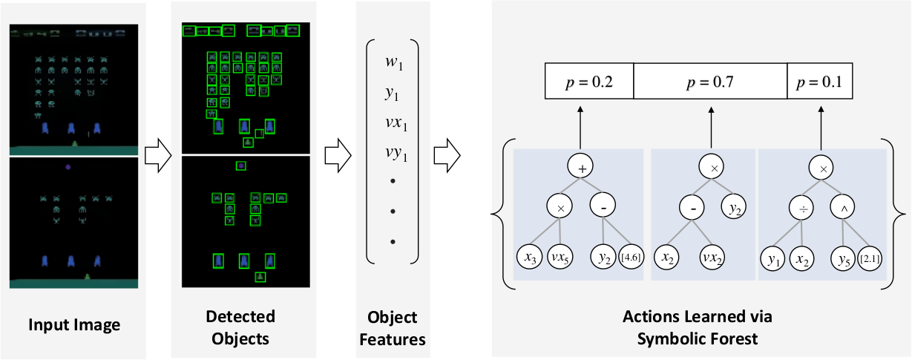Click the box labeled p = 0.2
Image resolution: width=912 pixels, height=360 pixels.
[x=589, y=82]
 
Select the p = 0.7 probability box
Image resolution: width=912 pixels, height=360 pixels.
[x=710, y=82]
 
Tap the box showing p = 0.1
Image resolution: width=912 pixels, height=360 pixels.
[x=819, y=82]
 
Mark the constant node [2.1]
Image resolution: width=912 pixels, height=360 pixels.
[x=870, y=259]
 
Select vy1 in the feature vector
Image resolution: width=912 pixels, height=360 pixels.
[x=393, y=155]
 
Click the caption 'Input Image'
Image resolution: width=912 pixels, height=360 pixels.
[x=73, y=324]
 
